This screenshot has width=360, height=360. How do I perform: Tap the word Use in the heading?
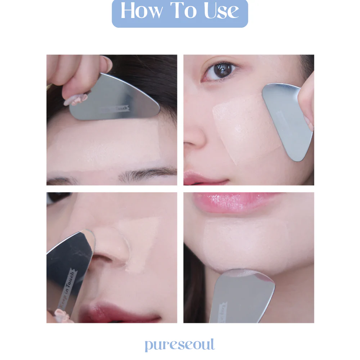221,11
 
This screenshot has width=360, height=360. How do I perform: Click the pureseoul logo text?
180,345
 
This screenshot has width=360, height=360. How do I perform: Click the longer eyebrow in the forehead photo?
148,175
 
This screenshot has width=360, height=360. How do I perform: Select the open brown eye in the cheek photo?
220,70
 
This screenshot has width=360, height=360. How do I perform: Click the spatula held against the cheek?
288,119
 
